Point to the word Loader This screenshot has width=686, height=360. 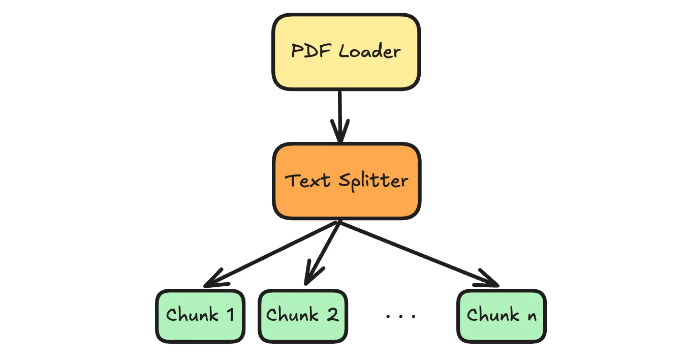(370, 51)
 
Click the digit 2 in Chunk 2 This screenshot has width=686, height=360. (332, 315)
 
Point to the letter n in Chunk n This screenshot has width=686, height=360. (531, 316)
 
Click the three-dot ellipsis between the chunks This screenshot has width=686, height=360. (401, 316)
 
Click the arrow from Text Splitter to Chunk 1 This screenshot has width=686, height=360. (274, 252)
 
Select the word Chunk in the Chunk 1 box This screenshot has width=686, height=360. (192, 315)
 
